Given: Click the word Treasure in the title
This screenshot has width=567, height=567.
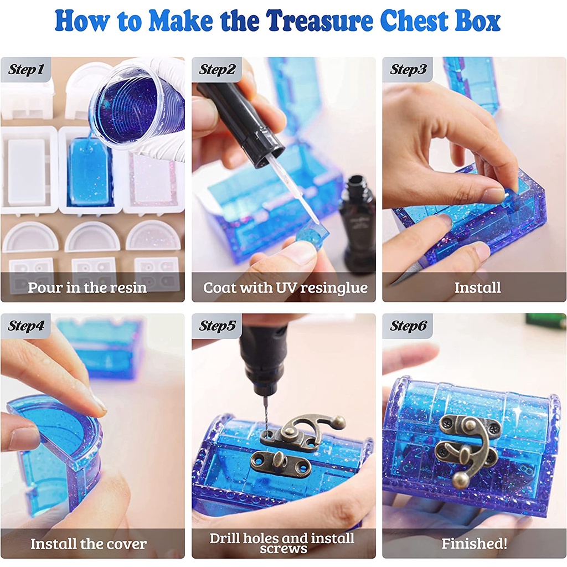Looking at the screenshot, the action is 320,20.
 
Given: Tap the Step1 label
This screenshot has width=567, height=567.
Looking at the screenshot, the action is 25,69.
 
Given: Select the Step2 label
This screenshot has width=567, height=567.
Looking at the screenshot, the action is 217,69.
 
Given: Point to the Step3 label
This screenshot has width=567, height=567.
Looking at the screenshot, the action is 408,69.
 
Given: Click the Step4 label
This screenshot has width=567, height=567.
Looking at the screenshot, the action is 25,326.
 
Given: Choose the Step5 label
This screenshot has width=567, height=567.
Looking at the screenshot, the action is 217,326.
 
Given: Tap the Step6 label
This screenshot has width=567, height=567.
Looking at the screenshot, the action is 408,326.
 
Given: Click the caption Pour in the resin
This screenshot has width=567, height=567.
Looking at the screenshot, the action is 87,287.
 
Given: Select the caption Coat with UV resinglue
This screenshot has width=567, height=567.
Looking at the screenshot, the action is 285,288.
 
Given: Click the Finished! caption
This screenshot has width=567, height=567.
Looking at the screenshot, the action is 474,544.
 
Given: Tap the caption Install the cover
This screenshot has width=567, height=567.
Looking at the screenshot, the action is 89,544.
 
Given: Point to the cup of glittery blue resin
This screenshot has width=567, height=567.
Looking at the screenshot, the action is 137,109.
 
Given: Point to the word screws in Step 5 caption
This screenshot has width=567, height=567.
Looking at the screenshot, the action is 283,549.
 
